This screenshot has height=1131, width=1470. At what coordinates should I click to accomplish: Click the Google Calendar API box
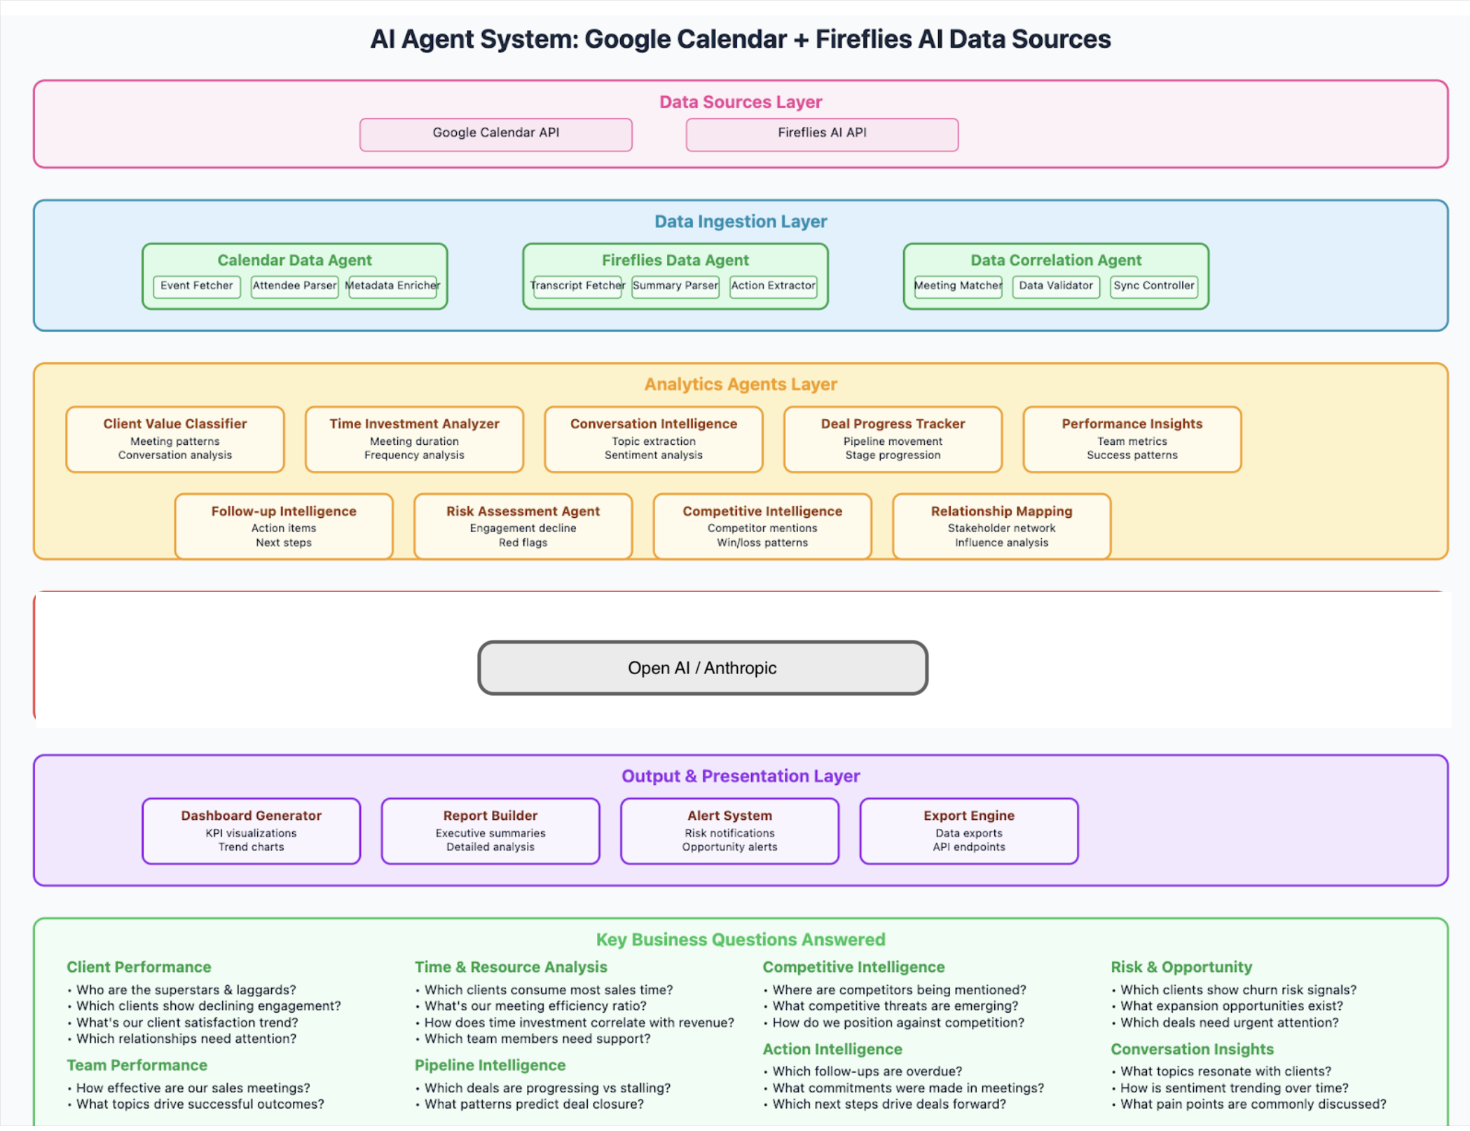(x=495, y=134)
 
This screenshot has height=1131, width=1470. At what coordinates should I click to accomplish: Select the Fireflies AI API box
(x=821, y=134)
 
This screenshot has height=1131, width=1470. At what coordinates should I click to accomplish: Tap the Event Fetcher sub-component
(x=196, y=286)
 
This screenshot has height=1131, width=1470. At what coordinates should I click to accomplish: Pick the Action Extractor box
(x=773, y=286)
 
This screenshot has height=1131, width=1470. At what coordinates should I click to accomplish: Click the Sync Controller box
(x=1153, y=286)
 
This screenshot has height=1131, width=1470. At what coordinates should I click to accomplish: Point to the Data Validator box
(x=1055, y=286)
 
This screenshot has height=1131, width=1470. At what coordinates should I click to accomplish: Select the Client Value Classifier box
(x=175, y=439)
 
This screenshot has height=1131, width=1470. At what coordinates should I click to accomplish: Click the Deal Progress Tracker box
(x=893, y=439)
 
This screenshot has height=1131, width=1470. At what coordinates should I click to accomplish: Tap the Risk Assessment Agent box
(x=523, y=526)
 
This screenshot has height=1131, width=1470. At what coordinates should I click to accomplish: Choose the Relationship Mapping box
(x=1001, y=526)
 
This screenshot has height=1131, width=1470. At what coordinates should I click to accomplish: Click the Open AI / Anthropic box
(x=703, y=668)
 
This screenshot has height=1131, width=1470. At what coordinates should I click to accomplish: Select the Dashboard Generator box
(x=251, y=831)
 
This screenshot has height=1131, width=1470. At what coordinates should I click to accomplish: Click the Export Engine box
(x=968, y=831)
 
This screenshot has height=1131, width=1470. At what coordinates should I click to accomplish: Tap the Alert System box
(x=729, y=831)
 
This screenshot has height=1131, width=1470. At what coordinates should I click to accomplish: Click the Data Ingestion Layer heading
(x=741, y=221)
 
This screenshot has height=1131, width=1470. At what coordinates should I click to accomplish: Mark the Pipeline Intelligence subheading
(x=490, y=1065)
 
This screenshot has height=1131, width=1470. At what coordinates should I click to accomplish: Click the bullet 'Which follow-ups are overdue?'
(x=867, y=1071)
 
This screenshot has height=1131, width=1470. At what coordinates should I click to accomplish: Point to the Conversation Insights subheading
(x=1192, y=1049)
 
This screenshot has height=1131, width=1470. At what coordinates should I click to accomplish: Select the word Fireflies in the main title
(x=863, y=39)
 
